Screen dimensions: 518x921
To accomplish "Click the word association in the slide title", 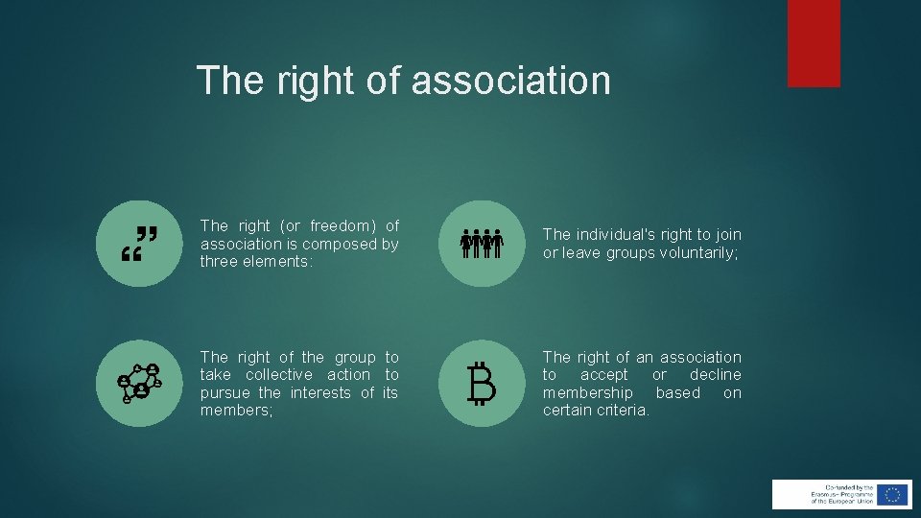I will [510, 80].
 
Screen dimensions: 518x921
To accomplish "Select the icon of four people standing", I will [482, 243].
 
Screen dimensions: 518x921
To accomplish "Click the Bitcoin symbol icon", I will [482, 384].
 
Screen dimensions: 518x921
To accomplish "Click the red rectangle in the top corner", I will [814, 43].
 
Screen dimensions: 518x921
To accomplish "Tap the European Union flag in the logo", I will [892, 494].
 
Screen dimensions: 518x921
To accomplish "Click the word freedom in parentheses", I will [329, 226].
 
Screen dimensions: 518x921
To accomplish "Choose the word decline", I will [715, 375].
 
